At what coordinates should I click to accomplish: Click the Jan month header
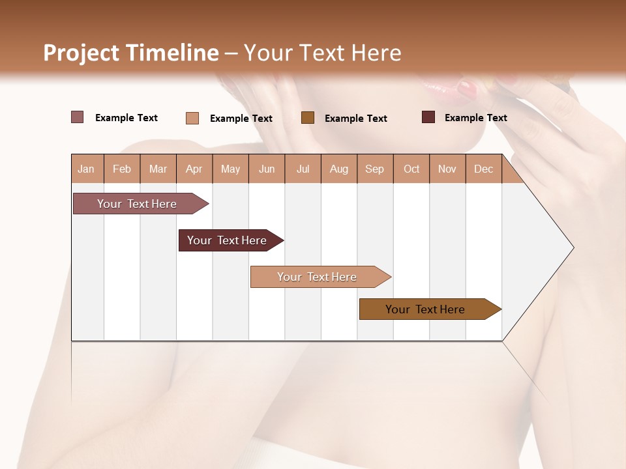(86, 169)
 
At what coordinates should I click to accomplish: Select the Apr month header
(194, 169)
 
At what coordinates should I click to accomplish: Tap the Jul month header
(303, 169)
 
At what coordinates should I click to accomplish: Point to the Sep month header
(374, 169)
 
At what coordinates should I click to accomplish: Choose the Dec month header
(483, 169)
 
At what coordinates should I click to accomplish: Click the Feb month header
(122, 169)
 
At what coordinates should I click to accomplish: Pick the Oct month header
(411, 169)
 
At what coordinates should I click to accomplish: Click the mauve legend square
(77, 117)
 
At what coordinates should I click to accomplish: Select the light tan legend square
(192, 118)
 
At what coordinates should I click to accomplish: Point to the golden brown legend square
(308, 117)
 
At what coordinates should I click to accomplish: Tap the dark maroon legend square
(428, 117)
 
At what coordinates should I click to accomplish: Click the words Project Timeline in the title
(130, 53)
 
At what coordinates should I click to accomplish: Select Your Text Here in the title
(323, 53)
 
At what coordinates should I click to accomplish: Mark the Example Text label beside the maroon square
(475, 117)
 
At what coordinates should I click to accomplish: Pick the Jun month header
(267, 169)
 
